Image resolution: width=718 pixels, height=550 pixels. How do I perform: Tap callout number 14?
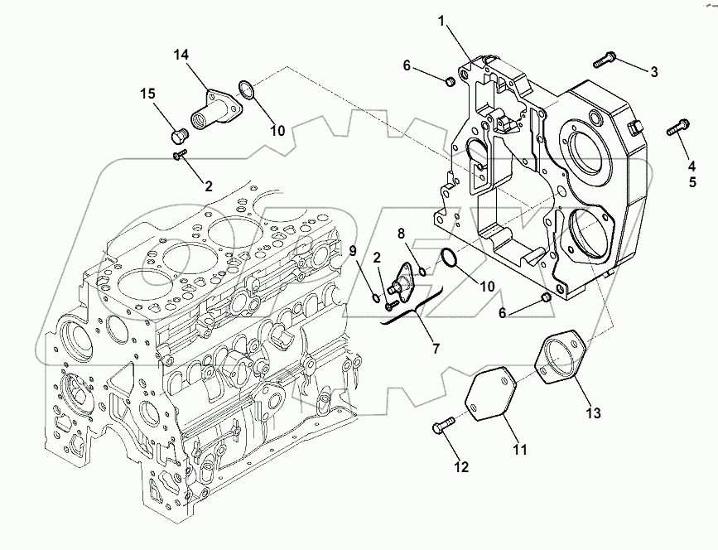181,55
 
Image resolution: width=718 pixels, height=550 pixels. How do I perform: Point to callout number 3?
653,72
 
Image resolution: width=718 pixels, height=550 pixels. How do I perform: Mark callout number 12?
462,467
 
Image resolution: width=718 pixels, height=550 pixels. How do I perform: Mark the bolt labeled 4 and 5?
677,128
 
